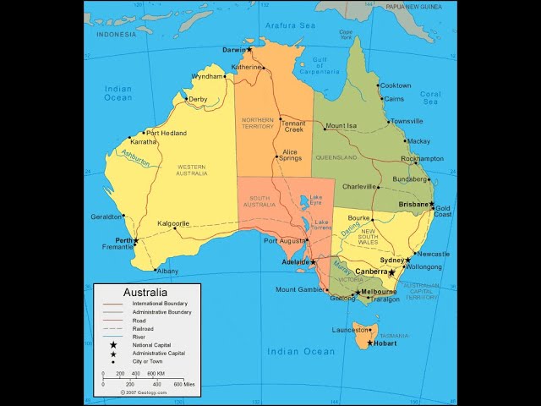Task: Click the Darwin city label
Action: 233,50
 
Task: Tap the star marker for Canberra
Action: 391,272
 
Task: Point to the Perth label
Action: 124,240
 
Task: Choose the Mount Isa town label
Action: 341,126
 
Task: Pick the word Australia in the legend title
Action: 145,293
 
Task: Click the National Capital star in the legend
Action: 112,345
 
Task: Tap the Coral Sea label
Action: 430,98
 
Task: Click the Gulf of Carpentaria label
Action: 320,65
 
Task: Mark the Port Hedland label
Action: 166,133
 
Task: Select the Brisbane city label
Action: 414,205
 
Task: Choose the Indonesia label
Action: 116,35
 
